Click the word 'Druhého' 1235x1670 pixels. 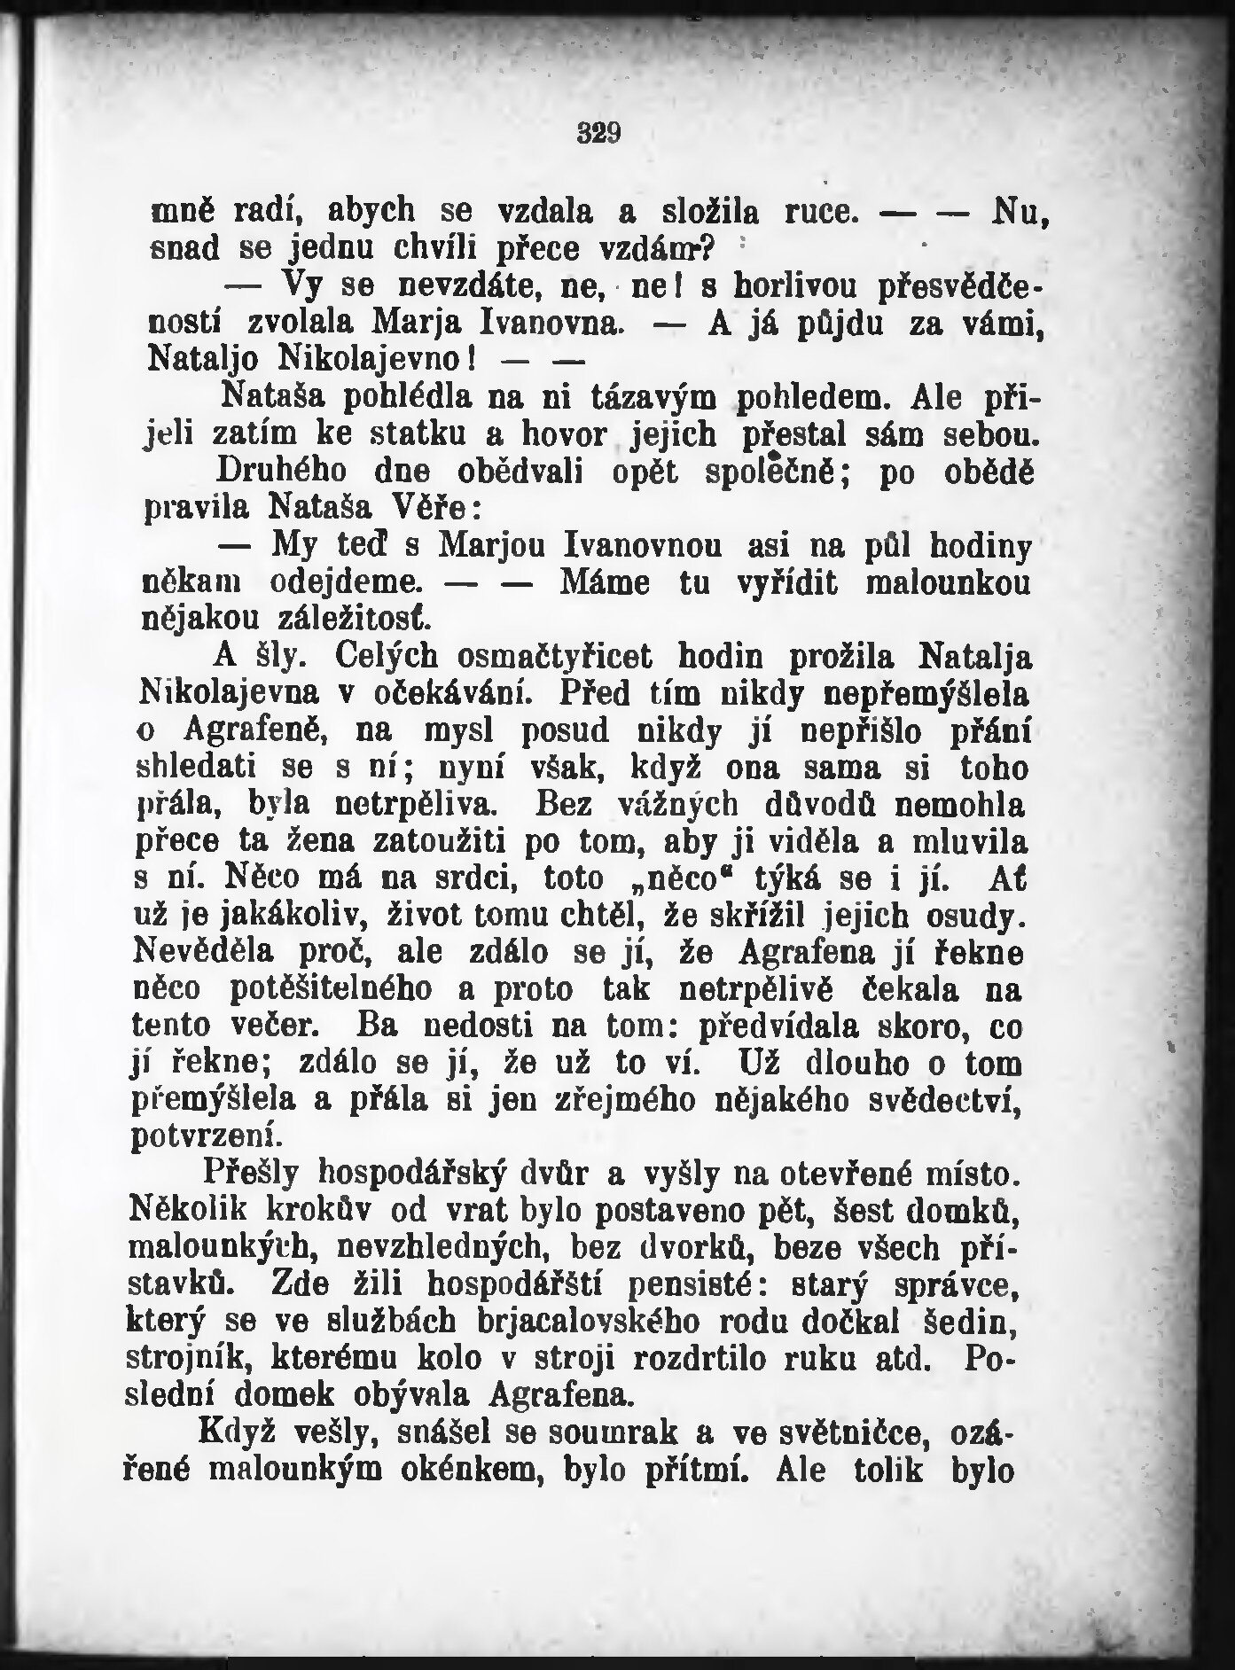click(x=270, y=471)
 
